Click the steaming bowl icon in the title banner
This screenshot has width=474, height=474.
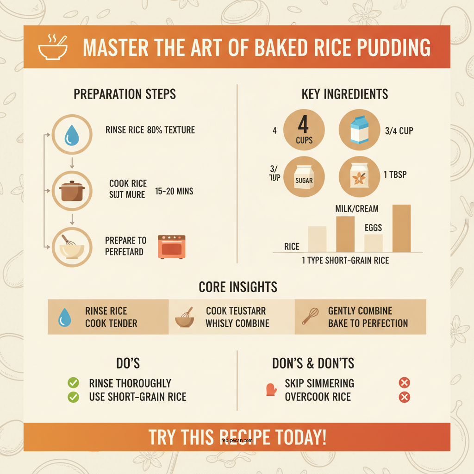coord(52,47)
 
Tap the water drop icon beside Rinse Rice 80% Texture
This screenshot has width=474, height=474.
coord(71,135)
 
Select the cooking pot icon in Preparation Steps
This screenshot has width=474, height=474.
coord(71,191)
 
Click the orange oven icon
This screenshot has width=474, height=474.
coord(171,246)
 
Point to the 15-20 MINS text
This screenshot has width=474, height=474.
coord(175,191)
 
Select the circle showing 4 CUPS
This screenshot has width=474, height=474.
coord(304,130)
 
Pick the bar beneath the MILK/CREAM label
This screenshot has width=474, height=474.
coord(345,233)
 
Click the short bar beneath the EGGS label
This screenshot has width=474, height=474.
coord(373,243)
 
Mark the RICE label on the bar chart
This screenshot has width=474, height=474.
coord(292,247)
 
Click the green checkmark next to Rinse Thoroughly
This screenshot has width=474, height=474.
coord(73,383)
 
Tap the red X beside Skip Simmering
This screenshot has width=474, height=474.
coord(404,383)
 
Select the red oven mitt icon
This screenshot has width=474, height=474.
coord(271,389)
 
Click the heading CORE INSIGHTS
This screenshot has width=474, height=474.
coord(238,287)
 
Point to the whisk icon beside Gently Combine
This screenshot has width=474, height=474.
coord(310,317)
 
